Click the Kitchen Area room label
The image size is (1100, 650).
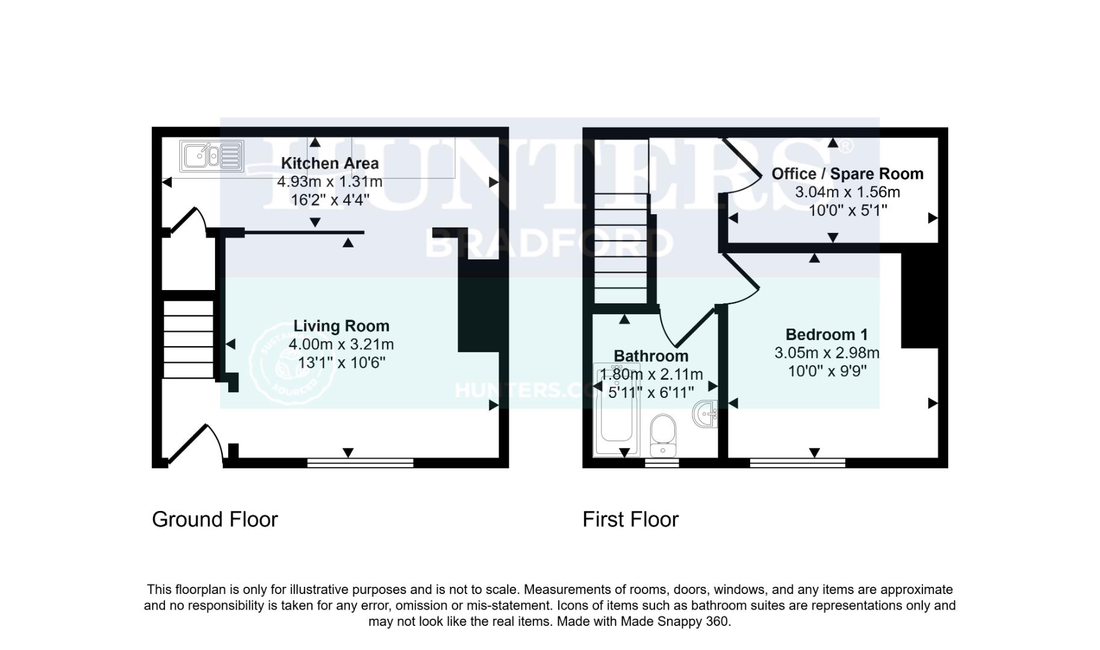pyautogui.click(x=330, y=163)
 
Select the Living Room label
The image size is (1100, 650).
pyautogui.click(x=341, y=326)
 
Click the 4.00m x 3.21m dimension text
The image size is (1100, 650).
pyautogui.click(x=341, y=344)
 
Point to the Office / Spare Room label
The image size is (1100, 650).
pyautogui.click(x=847, y=174)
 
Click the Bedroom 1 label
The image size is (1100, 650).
pyautogui.click(x=827, y=335)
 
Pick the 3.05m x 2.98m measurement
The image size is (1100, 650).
pyautogui.click(x=827, y=353)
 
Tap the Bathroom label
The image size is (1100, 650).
pyautogui.click(x=651, y=356)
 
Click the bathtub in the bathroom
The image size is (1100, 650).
pyautogui.click(x=614, y=415)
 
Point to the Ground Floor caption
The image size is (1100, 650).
pyautogui.click(x=215, y=519)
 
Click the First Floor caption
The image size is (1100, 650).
pyautogui.click(x=630, y=519)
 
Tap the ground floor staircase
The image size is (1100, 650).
pyautogui.click(x=188, y=339)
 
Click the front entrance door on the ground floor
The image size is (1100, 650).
pyautogui.click(x=191, y=445)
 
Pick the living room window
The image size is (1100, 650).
pyautogui.click(x=360, y=463)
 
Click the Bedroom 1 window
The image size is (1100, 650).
pyautogui.click(x=797, y=463)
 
